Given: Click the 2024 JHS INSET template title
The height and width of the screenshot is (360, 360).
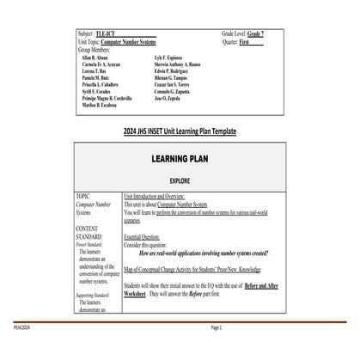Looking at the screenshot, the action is pyautogui.click(x=180, y=131).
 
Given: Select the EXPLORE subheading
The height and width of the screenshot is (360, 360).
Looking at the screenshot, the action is pyautogui.click(x=180, y=183).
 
